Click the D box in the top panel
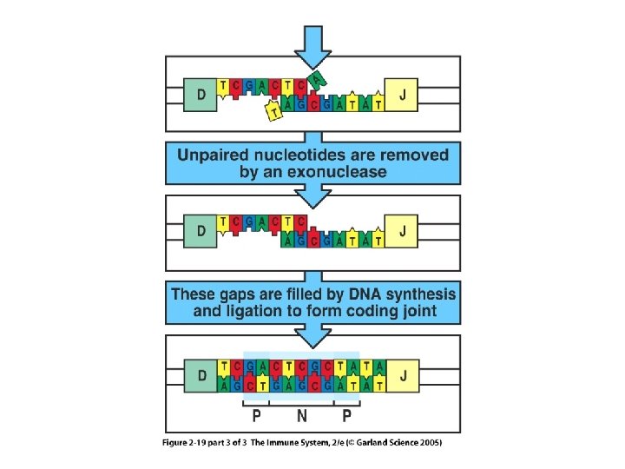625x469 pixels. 201,96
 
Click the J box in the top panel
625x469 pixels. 401,96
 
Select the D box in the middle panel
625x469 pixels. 201,231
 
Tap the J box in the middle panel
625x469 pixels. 401,231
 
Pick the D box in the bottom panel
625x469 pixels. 201,375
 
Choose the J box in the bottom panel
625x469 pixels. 401,375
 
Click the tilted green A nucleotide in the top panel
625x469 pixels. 319,81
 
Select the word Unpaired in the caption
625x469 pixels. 216,155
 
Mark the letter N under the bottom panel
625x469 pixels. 301,416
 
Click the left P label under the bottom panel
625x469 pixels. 257,416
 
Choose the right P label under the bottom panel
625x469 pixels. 346,416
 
